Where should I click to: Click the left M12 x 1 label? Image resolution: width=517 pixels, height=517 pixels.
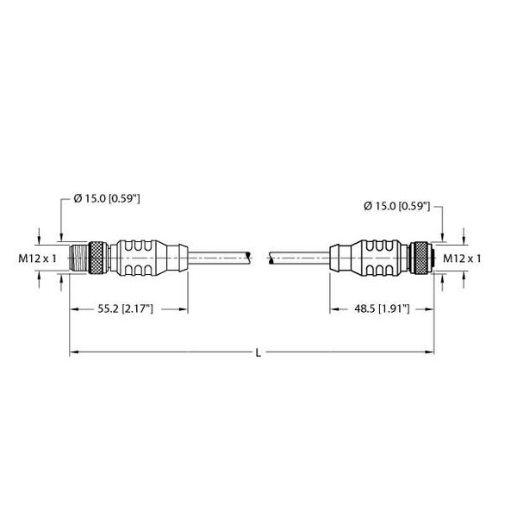pos(37,258)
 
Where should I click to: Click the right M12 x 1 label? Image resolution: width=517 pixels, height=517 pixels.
pos(462,258)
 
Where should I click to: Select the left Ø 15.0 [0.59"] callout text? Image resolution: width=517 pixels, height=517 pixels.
pos(107,198)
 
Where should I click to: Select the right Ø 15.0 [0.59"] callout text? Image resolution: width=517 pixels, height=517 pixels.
pos(397,206)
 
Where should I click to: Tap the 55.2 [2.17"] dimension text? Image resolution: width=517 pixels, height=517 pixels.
pos(126,309)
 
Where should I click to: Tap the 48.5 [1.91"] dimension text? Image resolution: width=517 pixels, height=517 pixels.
pos(382,309)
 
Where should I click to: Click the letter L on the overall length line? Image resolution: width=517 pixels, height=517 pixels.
pos(258,352)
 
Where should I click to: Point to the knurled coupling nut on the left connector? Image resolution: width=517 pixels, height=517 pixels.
pos(97,258)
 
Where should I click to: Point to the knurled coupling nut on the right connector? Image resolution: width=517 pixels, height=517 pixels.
pos(418,258)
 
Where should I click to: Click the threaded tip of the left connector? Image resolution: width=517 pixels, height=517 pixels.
pos(79,258)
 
